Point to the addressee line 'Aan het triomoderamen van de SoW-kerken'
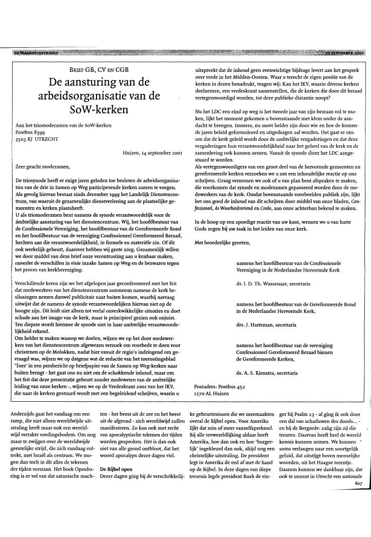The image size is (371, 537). pos(63,125)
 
